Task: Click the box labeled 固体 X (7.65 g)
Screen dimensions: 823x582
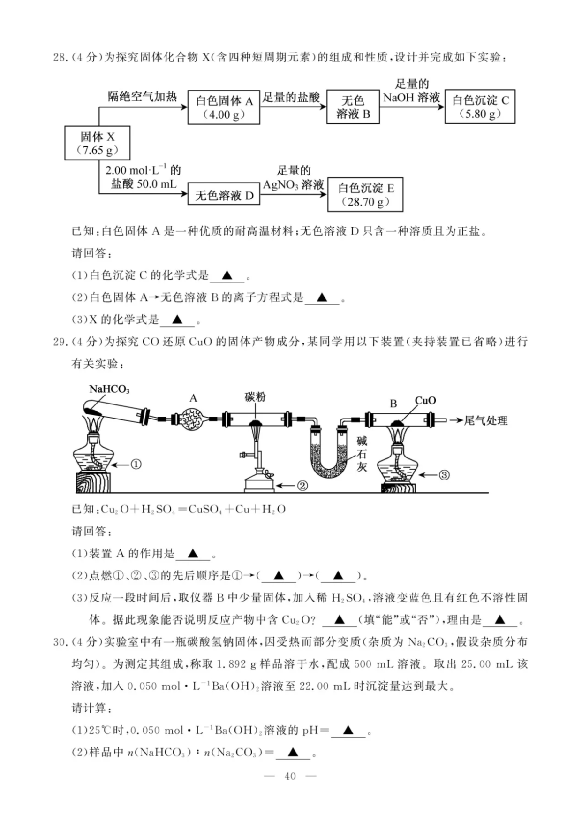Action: (97, 143)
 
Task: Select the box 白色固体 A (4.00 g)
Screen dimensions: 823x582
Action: (224, 107)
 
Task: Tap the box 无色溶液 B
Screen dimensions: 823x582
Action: (353, 107)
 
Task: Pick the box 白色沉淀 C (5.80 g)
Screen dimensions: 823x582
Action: (480, 107)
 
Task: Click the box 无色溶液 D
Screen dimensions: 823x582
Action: (224, 195)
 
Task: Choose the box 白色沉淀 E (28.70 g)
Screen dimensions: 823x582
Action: (365, 195)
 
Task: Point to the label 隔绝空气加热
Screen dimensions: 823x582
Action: (142, 97)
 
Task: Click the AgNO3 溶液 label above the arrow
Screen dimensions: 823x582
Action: (293, 185)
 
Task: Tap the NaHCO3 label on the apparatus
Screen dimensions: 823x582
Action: (109, 389)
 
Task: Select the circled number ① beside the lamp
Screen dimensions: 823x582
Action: (136, 465)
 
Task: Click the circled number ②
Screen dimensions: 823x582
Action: (302, 486)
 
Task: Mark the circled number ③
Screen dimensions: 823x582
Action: (444, 475)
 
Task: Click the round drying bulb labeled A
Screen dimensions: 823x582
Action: (193, 419)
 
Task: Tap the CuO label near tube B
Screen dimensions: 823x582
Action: (425, 400)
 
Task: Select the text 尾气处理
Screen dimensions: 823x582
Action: (485, 421)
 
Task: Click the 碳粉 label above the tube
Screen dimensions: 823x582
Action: (255, 397)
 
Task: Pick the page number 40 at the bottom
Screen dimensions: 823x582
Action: (290, 777)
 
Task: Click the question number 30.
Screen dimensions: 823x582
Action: (60, 642)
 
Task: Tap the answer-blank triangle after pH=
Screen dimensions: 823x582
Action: (348, 730)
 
